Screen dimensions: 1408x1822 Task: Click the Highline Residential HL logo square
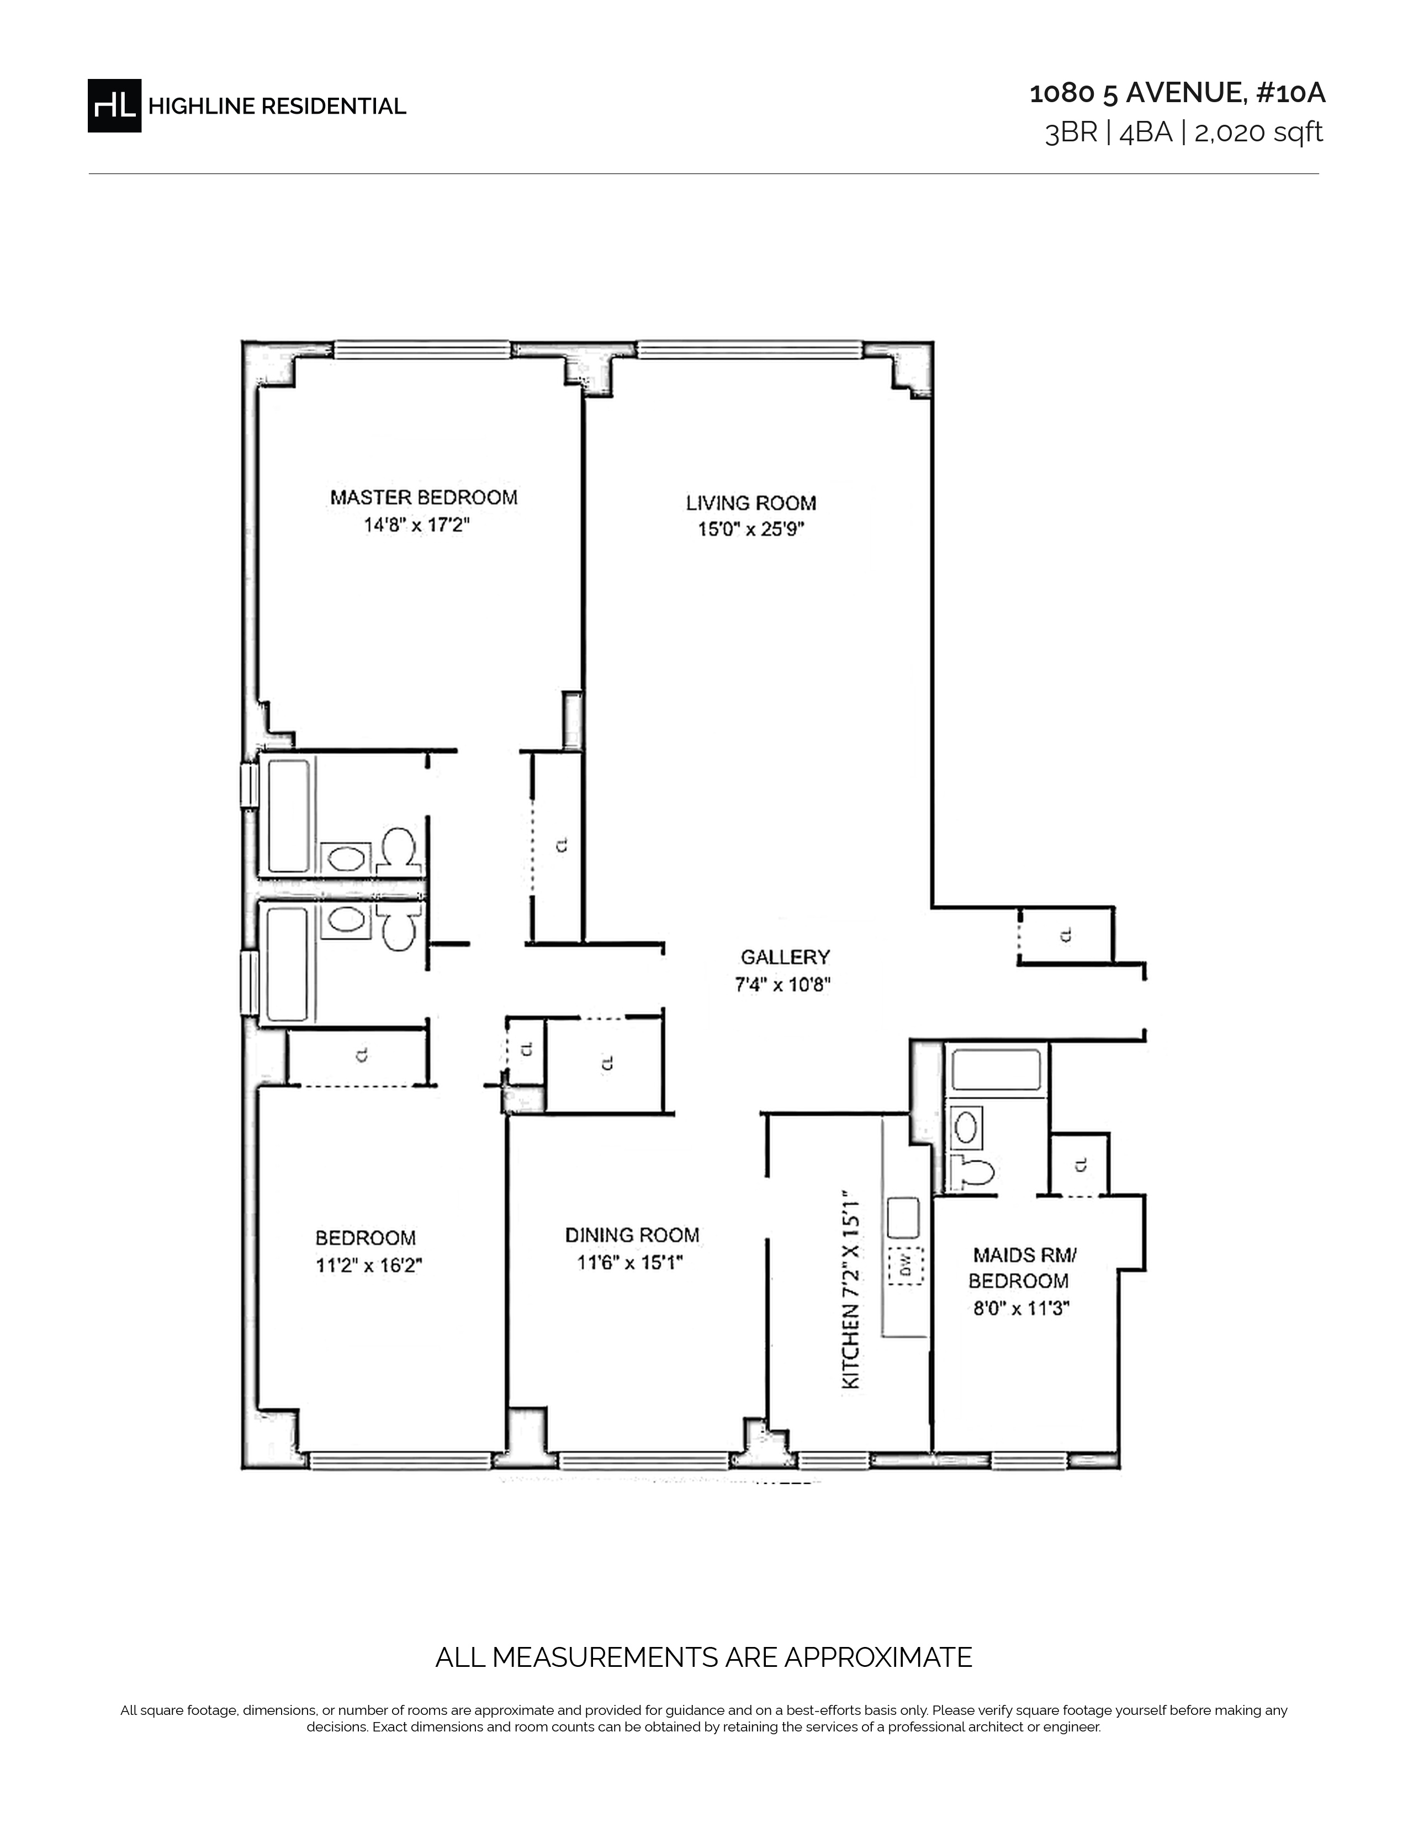point(114,106)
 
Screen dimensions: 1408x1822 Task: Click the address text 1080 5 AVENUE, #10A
point(1177,93)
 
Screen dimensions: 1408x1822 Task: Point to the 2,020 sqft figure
point(1259,133)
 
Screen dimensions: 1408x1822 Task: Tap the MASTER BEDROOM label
point(424,497)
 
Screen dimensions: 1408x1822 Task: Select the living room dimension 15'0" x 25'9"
point(751,529)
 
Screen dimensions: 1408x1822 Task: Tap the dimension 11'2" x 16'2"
point(369,1265)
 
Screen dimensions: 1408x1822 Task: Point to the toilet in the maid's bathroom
point(973,1173)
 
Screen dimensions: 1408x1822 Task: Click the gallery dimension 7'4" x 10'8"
point(782,984)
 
